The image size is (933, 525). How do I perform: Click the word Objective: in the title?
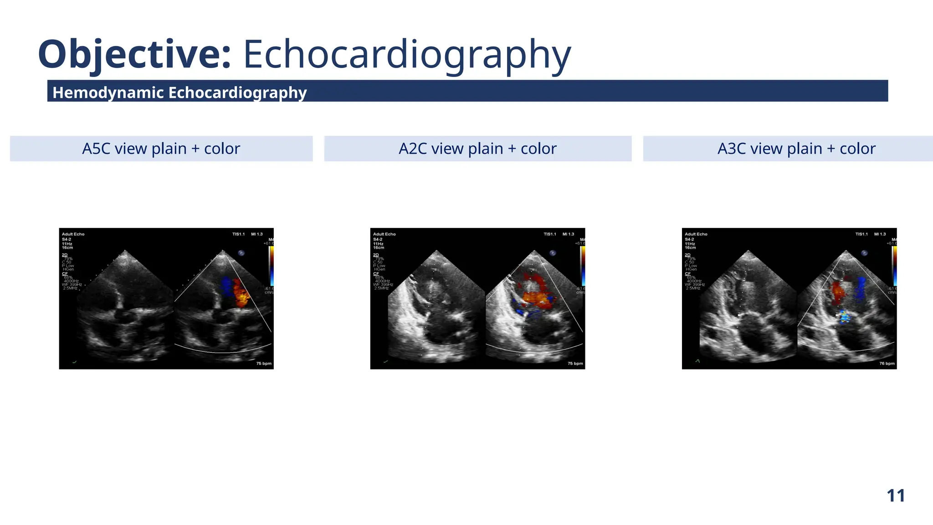(134, 55)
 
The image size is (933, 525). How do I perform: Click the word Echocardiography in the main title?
(407, 55)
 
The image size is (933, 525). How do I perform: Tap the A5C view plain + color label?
(161, 149)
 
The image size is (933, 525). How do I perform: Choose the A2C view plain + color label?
(477, 149)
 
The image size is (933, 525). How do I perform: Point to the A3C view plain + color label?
(796, 149)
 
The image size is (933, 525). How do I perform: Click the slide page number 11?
(895, 495)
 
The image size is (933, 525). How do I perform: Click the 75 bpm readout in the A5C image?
(264, 364)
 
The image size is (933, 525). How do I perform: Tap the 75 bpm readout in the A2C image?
(575, 364)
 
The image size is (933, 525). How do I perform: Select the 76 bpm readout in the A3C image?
(887, 364)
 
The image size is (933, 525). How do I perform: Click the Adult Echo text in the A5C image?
(73, 234)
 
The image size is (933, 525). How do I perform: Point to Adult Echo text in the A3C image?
(696, 234)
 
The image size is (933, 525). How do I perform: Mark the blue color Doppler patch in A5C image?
(226, 286)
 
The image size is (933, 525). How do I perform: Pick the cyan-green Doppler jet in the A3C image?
(845, 317)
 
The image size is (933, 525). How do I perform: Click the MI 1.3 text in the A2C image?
(568, 234)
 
